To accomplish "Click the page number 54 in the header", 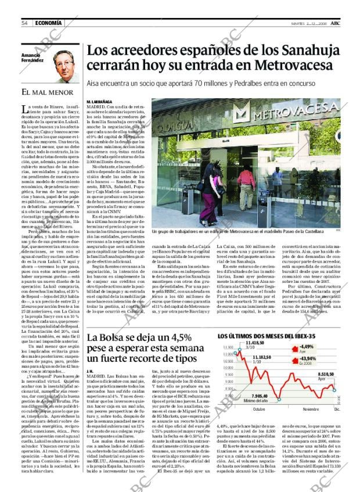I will [25, 23].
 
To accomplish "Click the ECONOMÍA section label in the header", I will [46, 23].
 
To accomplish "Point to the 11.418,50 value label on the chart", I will [239, 344].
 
